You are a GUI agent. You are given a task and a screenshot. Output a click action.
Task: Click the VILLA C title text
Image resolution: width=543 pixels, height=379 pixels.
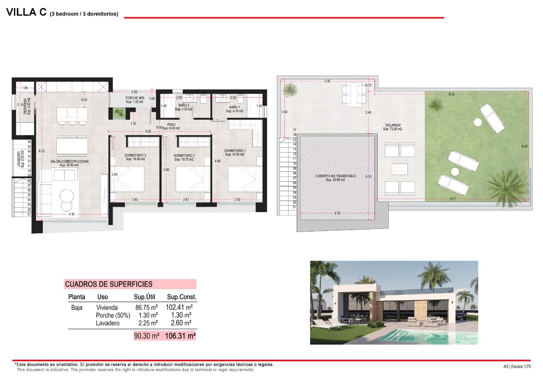pyautogui.click(x=26, y=12)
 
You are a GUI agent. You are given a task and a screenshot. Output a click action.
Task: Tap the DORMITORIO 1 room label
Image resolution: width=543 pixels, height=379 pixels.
pyautogui.click(x=235, y=151)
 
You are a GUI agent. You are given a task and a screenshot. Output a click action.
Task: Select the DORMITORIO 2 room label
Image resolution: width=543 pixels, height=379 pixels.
pyautogui.click(x=184, y=156)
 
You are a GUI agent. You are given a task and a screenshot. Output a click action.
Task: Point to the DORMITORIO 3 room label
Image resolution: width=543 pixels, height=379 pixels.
pyautogui.click(x=135, y=156)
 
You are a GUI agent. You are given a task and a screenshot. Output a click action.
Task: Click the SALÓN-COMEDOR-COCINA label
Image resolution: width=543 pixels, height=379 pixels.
pyautogui.click(x=70, y=161)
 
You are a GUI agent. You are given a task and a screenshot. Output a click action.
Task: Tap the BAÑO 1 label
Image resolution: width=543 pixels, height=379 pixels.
pyautogui.click(x=235, y=107)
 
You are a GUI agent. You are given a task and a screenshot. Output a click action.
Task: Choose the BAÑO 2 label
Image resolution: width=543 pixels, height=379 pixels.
pyautogui.click(x=184, y=105)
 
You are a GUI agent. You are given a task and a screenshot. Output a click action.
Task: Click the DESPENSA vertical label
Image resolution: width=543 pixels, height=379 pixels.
pyautogui.click(x=25, y=106)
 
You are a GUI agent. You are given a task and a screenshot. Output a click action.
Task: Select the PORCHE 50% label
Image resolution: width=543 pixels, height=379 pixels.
pyautogui.click(x=135, y=98)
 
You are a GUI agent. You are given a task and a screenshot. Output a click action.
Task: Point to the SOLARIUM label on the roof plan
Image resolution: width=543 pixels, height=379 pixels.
pyautogui.click(x=393, y=125)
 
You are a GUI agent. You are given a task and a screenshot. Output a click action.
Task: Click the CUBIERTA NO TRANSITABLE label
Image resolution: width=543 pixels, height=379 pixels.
pyautogui.click(x=335, y=176)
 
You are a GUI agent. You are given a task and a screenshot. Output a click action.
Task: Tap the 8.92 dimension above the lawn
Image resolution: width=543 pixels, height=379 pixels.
pyautogui.click(x=451, y=94)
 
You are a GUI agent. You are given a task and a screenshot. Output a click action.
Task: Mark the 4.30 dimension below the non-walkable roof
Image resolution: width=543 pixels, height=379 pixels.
pyautogui.click(x=337, y=213)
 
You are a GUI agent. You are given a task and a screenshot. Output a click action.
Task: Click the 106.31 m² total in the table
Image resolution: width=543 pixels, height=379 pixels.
pyautogui.click(x=180, y=336)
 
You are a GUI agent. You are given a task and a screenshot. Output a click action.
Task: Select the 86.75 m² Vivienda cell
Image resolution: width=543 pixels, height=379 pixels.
pyautogui.click(x=146, y=307)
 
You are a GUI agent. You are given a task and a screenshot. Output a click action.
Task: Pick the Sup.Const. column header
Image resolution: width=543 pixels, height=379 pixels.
pyautogui.click(x=182, y=297)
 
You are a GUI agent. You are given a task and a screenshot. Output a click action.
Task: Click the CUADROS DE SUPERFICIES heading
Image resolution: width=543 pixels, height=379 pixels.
pyautogui.click(x=109, y=284)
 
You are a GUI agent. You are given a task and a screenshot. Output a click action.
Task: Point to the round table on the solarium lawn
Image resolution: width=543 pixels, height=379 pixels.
pyautogui.click(x=478, y=122)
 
